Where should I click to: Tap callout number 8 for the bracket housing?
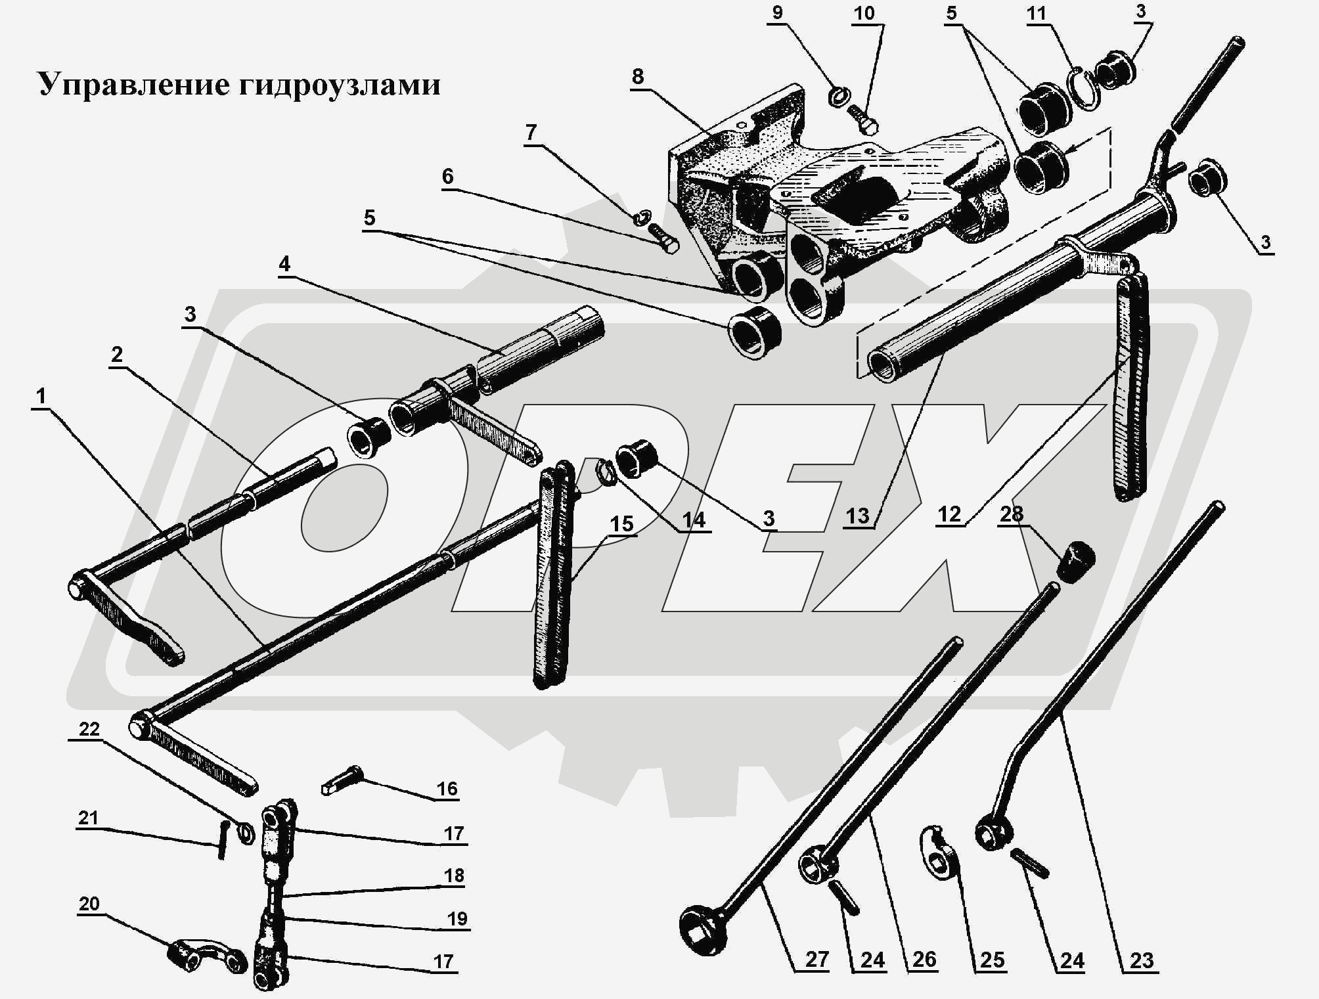[637, 77]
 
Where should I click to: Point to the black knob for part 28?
[1077, 562]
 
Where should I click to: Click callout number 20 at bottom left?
[89, 903]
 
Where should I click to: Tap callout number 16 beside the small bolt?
[447, 788]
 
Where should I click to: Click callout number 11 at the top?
[1036, 14]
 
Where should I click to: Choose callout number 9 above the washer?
[778, 12]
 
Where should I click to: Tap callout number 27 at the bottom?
[816, 960]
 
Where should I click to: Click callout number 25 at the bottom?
[992, 960]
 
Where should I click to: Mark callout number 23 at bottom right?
[1142, 960]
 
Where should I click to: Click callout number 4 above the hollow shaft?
[284, 264]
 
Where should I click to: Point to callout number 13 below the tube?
[858, 516]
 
